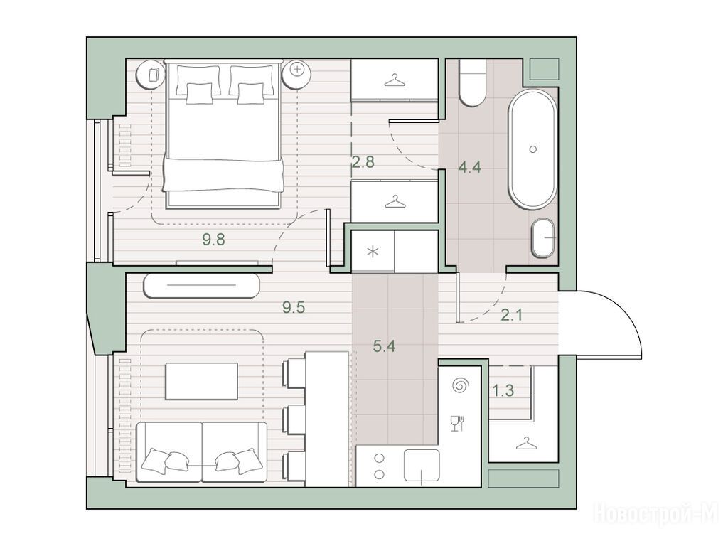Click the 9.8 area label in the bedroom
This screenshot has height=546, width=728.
click(213, 240)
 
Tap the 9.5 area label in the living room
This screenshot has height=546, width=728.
click(294, 307)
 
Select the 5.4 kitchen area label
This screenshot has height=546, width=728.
click(385, 346)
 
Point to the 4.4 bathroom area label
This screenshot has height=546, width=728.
click(469, 167)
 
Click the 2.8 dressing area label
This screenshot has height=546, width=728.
click(363, 162)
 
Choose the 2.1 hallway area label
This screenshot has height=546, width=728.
click(512, 315)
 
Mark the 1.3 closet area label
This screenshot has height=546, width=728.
click(503, 391)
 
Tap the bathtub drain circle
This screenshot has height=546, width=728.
click(533, 149)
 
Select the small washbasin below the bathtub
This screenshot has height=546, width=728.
click(543, 238)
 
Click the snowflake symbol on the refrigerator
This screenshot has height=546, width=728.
click(373, 252)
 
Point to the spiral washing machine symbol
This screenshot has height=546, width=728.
click(461, 385)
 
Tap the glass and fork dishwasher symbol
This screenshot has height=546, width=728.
click(458, 424)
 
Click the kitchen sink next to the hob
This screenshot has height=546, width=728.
click(422, 465)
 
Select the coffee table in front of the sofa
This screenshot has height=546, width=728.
click(201, 381)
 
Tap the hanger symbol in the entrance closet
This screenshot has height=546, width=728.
click(525, 444)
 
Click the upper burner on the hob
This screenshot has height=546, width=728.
click(380, 459)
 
